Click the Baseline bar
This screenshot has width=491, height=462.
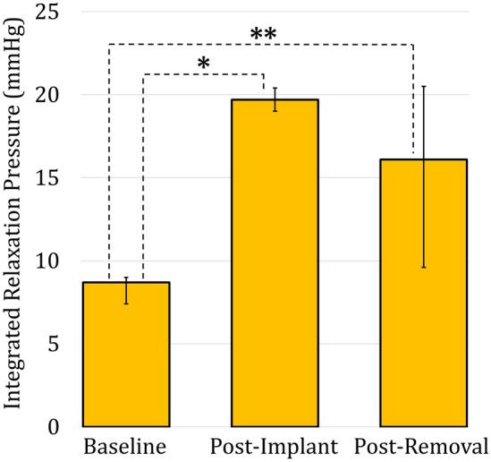(x=126, y=354)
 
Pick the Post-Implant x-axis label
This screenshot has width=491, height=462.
(x=275, y=446)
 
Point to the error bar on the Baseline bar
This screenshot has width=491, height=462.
(x=126, y=290)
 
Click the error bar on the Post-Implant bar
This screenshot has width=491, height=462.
(x=275, y=99)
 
